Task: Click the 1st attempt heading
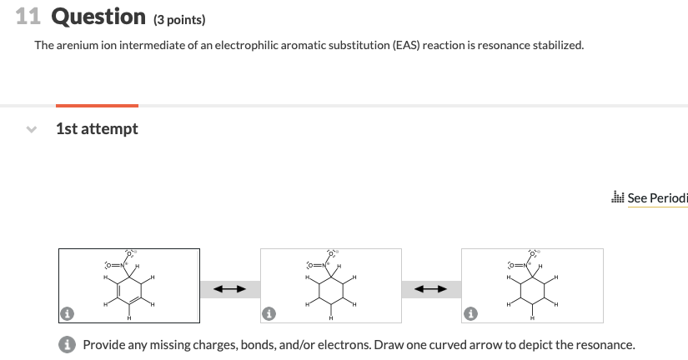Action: [97, 128]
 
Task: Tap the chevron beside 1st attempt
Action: [31, 129]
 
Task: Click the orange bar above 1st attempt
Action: [97, 106]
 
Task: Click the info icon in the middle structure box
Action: [269, 314]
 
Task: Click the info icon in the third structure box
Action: [471, 314]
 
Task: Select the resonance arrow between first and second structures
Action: [229, 289]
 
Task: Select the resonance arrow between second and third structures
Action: [431, 289]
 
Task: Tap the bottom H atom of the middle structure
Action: [331, 319]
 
